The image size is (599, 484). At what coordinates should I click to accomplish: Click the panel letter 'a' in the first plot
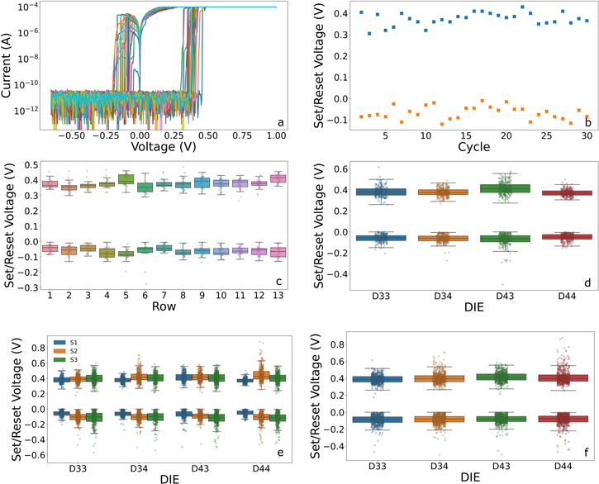point(280,123)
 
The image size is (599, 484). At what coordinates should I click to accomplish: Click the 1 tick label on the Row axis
point(50,295)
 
